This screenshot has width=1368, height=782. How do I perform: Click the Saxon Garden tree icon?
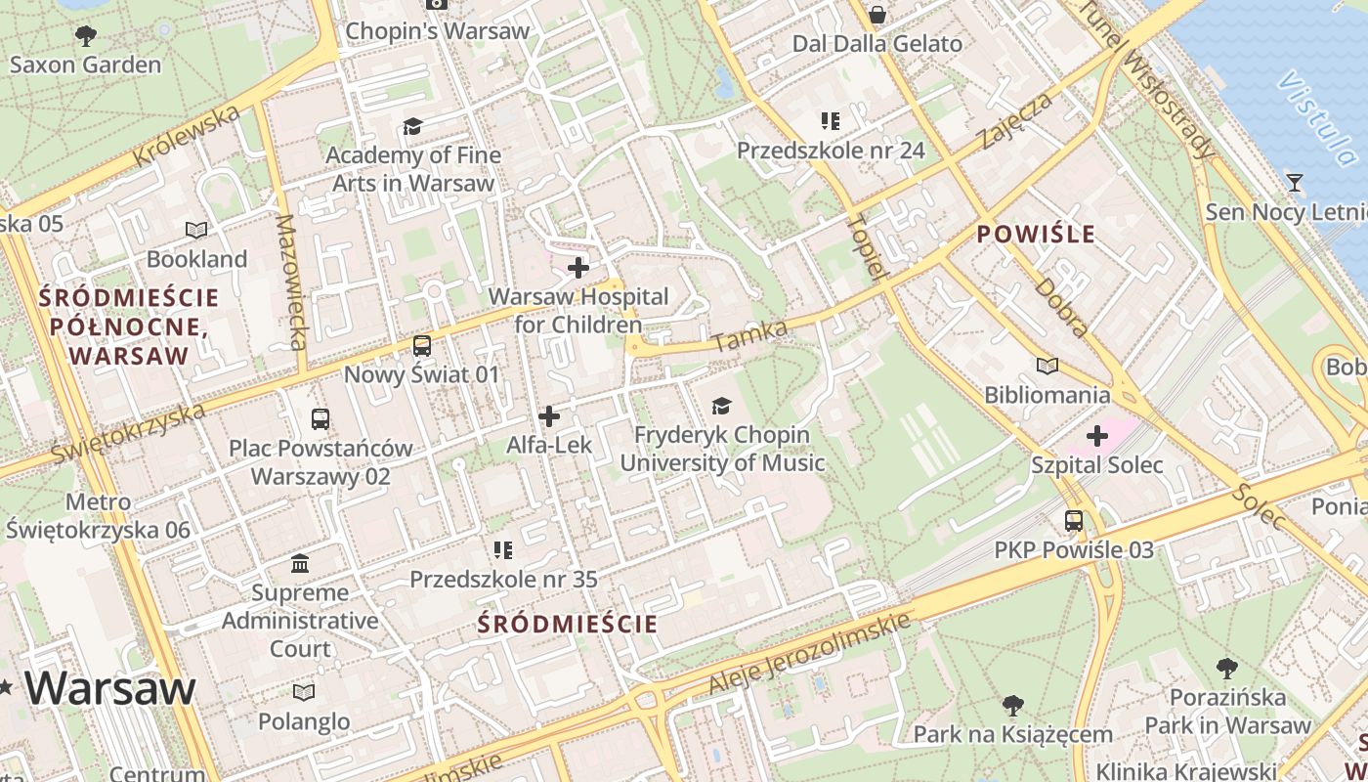[86, 36]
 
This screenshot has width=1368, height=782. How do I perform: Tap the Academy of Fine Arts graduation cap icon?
[412, 126]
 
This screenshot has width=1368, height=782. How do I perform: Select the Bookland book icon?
[196, 230]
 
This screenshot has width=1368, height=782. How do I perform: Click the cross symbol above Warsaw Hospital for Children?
[578, 267]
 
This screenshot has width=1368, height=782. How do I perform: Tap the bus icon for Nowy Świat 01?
[421, 345]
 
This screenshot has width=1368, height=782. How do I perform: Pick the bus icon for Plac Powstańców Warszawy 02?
[320, 419]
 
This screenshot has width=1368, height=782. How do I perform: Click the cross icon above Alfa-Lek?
[549, 416]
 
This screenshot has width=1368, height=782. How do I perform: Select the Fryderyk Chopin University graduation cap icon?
[721, 406]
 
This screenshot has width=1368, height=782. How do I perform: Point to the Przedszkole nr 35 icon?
[503, 550]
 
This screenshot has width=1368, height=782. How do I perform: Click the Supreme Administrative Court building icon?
[300, 564]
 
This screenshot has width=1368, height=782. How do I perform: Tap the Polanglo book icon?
[304, 692]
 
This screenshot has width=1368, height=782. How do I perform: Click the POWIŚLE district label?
[1036, 235]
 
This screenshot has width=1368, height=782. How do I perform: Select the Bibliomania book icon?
[1047, 366]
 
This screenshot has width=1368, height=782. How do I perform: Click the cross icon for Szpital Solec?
[1096, 435]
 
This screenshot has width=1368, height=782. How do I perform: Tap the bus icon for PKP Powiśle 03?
[1074, 521]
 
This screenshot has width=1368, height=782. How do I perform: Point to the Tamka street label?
[750, 336]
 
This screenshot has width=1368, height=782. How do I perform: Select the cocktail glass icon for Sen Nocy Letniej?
[1295, 183]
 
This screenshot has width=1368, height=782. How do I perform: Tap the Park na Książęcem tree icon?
[1013, 705]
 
